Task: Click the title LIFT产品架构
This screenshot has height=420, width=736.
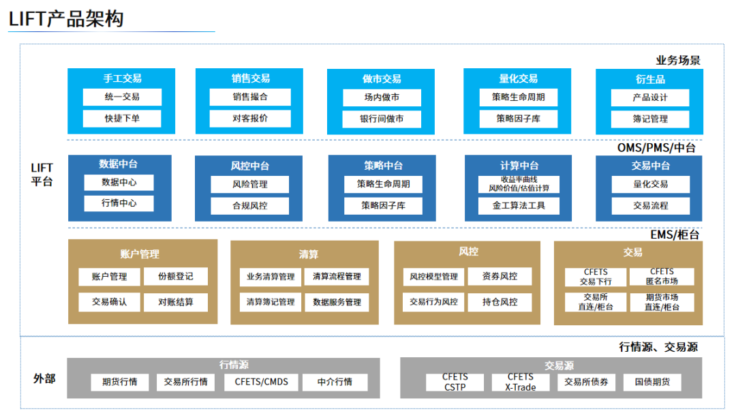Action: click(x=66, y=18)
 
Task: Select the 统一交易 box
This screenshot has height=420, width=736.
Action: click(x=122, y=97)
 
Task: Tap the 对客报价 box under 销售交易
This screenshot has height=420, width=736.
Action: click(x=250, y=118)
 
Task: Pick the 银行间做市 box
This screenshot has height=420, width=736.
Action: click(x=382, y=119)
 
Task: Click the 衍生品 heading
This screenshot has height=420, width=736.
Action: click(x=649, y=79)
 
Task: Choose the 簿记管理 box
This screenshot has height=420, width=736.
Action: click(x=649, y=119)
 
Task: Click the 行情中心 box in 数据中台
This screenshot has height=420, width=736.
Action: click(x=119, y=203)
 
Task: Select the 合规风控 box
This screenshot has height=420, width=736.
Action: click(x=250, y=205)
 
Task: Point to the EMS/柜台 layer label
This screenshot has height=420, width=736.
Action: click(x=674, y=235)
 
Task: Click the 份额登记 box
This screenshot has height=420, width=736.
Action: click(x=175, y=276)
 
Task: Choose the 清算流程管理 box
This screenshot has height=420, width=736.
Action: click(x=337, y=276)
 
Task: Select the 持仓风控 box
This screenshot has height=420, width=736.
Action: click(x=500, y=301)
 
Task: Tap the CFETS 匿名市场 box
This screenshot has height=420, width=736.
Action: click(x=661, y=276)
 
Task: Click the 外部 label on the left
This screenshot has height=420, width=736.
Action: click(x=44, y=378)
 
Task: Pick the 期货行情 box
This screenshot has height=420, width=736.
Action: click(x=120, y=382)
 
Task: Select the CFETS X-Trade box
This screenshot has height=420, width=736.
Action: click(x=520, y=382)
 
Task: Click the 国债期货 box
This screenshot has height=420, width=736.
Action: click(x=652, y=382)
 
